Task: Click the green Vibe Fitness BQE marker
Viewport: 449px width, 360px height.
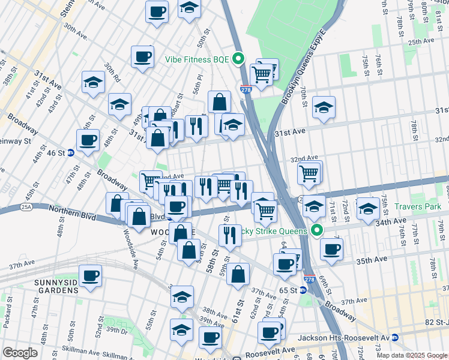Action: (238, 59)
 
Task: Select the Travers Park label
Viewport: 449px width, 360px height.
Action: (418, 206)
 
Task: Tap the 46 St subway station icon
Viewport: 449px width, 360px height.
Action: (71, 153)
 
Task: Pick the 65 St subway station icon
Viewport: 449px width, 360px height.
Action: (303, 290)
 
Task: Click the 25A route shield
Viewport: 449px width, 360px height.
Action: (26, 207)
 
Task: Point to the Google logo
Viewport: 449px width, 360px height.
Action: (20, 353)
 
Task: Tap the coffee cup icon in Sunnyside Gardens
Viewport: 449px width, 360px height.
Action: (90, 275)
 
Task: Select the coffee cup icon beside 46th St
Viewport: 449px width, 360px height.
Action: (88, 140)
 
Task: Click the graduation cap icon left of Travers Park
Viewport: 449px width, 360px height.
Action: (367, 208)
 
